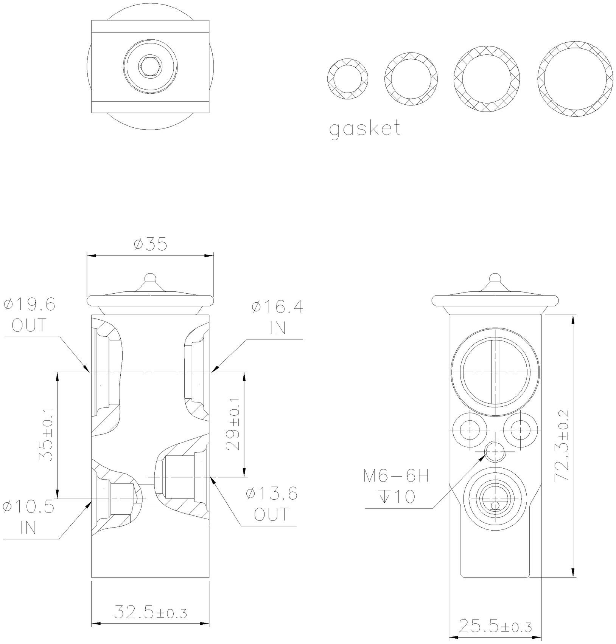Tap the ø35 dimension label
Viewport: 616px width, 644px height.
pyautogui.click(x=150, y=245)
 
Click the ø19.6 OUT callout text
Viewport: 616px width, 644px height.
pyautogui.click(x=30, y=314)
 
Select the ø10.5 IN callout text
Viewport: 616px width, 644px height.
pyautogui.click(x=28, y=517)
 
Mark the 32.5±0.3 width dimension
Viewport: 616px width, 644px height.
pyautogui.click(x=150, y=612)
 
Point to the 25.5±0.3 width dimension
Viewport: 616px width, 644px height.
pyautogui.click(x=495, y=627)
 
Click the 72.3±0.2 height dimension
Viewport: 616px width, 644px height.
pyautogui.click(x=562, y=446)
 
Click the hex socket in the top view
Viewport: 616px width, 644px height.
pyautogui.click(x=151, y=67)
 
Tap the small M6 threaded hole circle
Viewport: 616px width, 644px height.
pyautogui.click(x=495, y=451)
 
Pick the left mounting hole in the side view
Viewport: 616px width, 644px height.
pyautogui.click(x=470, y=430)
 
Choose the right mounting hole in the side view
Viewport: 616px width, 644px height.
pyautogui.click(x=520, y=430)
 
